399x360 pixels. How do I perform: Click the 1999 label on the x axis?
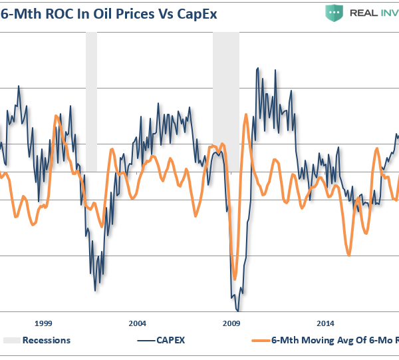[43, 323]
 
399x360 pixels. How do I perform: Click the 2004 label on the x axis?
[137, 323]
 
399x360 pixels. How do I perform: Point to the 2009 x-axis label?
[231, 323]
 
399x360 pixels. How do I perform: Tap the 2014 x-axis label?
[325, 323]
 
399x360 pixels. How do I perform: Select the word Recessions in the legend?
[47, 340]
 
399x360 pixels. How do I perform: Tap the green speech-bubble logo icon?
[338, 13]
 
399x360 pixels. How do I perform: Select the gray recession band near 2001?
[91, 100]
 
